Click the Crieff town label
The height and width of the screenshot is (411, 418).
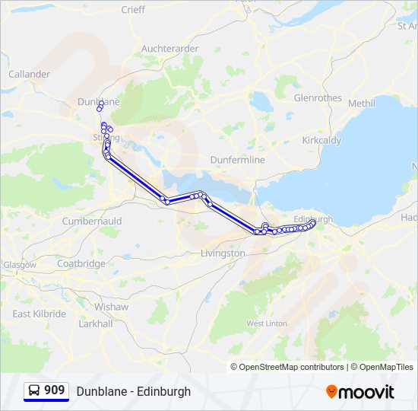(x=133, y=10)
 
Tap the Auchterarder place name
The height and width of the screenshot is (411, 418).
(x=169, y=49)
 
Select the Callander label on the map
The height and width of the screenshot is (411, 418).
(x=29, y=75)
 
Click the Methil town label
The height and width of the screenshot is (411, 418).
(x=362, y=104)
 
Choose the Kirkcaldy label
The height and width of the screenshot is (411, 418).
(x=321, y=141)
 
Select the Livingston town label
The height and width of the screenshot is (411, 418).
(x=223, y=253)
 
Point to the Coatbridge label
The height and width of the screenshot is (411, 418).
(x=81, y=264)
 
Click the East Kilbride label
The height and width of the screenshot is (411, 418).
(x=39, y=314)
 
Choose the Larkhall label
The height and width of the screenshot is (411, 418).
(x=96, y=323)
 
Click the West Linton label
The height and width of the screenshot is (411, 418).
(x=266, y=323)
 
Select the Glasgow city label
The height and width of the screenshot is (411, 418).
(x=20, y=265)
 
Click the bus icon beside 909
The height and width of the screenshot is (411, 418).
(x=34, y=391)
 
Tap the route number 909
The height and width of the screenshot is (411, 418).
(x=54, y=390)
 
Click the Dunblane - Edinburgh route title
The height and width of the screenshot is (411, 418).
(x=134, y=392)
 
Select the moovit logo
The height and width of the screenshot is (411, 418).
(x=360, y=392)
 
